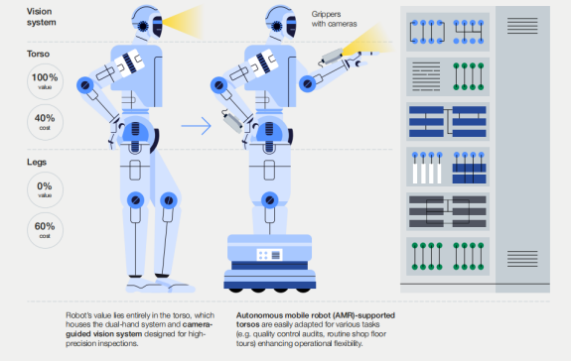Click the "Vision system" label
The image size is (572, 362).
tap(42, 17)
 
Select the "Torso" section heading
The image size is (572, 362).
tap(38, 54)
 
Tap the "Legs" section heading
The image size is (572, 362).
tap(37, 162)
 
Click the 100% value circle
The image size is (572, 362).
tap(45, 81)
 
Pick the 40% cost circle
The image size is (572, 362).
tap(45, 122)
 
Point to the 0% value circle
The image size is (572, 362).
tap(45, 189)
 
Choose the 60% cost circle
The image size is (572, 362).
tap(45, 230)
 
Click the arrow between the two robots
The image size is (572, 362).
tap(197, 126)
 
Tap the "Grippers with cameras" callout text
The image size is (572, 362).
tap(334, 19)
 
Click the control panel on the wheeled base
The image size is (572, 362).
tap(269, 255)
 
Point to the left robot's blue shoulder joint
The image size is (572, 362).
tap(85, 85)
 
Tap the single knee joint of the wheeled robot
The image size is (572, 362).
tap(270, 200)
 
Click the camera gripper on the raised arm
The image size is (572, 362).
tap(332, 57)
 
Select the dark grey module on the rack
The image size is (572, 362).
tap(448, 211)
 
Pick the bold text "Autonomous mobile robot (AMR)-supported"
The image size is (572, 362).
tap(316, 315)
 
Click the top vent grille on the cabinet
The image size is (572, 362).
tap(522, 26)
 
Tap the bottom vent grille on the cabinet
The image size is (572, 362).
tap(522, 259)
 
